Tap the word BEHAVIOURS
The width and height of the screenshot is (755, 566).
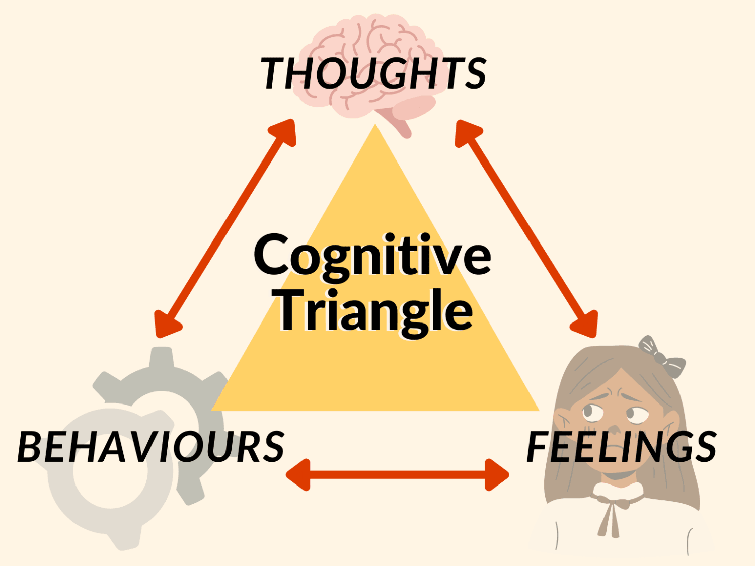[x=151, y=447]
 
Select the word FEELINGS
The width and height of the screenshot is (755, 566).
[x=622, y=447]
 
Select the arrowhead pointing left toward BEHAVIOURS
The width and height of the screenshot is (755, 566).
[x=298, y=474]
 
